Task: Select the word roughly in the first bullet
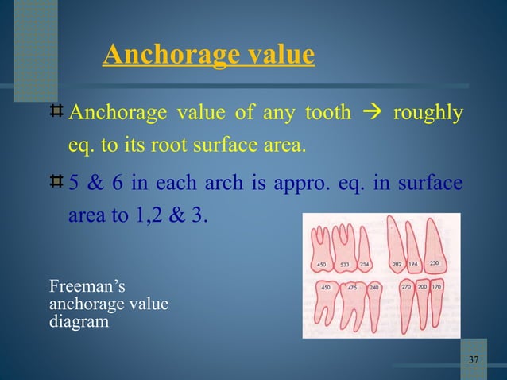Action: (x=428, y=114)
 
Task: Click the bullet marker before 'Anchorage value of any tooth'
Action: (x=56, y=114)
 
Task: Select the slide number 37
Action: (x=474, y=360)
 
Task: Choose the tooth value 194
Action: (x=414, y=264)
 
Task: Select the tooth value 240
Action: (x=373, y=287)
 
